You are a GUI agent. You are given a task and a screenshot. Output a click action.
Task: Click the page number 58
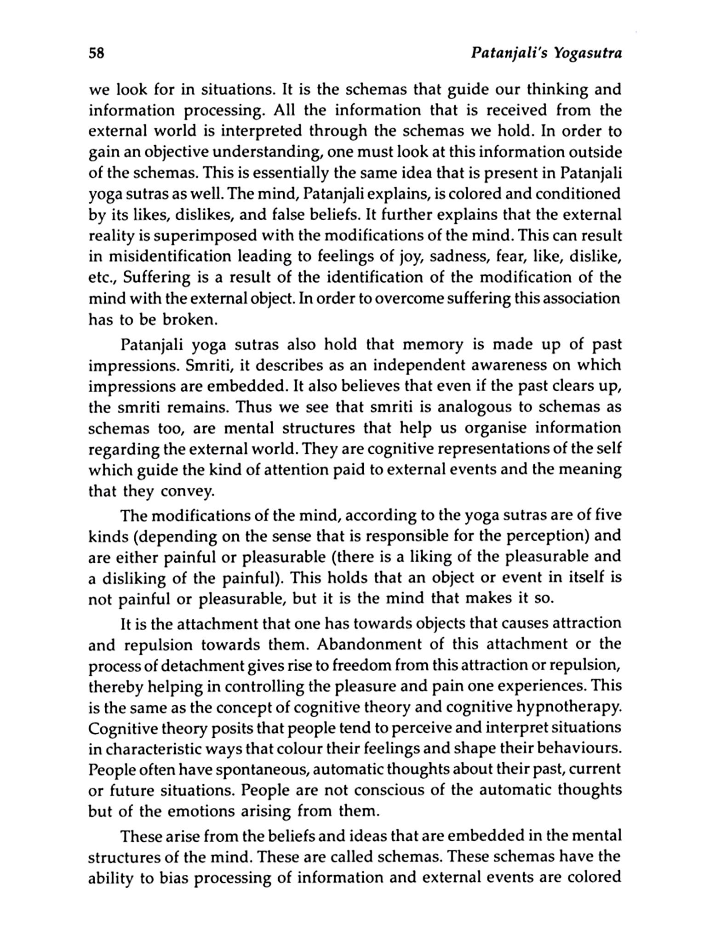coord(97,54)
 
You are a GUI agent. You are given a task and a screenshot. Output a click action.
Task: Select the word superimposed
coord(199,236)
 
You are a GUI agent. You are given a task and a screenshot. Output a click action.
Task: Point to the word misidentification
coord(171,257)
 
